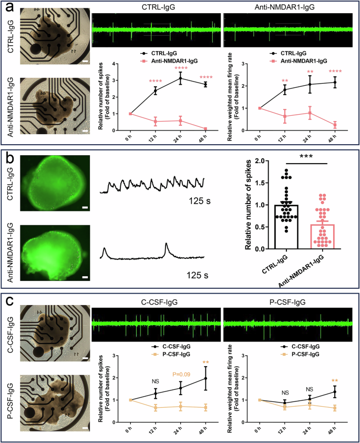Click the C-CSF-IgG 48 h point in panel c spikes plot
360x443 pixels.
click(x=204, y=378)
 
